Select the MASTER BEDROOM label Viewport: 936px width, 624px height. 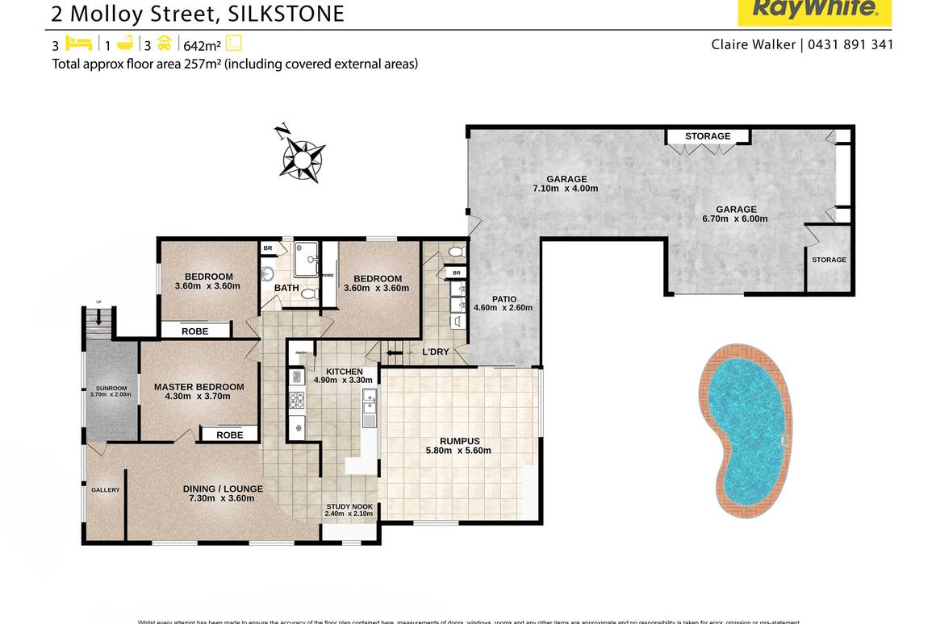pos(198,387)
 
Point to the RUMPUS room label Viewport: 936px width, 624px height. pos(460,441)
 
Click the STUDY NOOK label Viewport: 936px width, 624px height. pos(349,507)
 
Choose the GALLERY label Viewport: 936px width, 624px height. pos(105,490)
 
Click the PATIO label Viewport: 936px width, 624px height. pos(504,299)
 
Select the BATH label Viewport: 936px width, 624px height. pos(286,288)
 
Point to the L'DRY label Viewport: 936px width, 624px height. pos(436,352)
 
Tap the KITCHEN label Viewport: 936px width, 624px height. pos(344,372)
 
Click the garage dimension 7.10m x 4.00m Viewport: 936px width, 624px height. pos(565,189)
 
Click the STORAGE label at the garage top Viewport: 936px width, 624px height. pos(708,136)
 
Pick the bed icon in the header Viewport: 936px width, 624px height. pos(79,44)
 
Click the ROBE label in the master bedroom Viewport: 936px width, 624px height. pos(230,435)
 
